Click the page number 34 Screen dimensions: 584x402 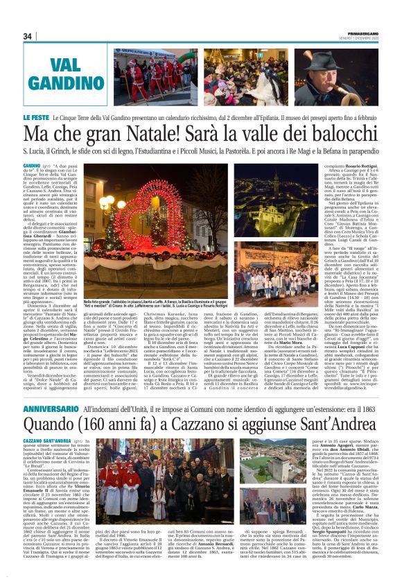[28, 36]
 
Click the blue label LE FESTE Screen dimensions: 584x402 [35, 119]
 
